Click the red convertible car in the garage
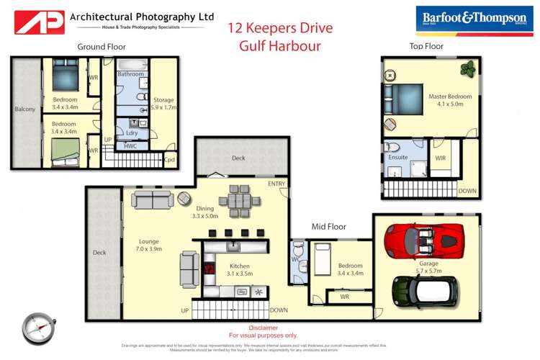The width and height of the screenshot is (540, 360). [423, 240]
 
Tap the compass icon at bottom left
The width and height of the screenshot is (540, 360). [35, 328]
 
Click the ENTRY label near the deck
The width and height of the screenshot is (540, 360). [276, 184]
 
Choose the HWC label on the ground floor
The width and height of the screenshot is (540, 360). [130, 146]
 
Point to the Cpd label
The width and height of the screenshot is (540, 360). [170, 160]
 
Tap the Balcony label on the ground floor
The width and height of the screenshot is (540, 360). [25, 109]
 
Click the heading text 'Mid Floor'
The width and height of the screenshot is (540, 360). [330, 227]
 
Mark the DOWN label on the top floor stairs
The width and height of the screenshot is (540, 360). [467, 191]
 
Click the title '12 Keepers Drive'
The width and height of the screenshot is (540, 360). [280, 28]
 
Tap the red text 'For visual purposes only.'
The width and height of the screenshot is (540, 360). [263, 335]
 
